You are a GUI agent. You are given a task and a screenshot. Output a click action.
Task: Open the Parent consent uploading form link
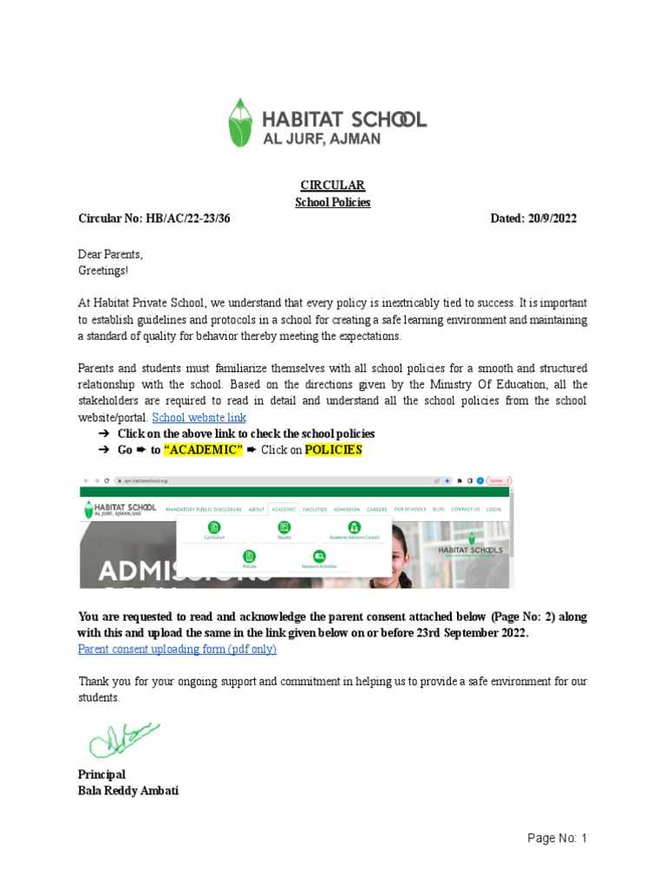click(177, 649)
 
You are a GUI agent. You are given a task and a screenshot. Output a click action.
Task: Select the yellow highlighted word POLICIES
click(333, 450)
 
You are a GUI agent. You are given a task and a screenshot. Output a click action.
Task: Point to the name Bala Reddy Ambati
click(128, 791)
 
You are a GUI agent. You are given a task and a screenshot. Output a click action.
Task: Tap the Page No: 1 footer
click(558, 839)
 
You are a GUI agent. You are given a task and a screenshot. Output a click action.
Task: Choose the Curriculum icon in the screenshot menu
click(214, 527)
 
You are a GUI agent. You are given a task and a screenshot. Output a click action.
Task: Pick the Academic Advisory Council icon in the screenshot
click(354, 527)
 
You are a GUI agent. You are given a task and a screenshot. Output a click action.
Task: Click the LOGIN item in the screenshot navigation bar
click(493, 509)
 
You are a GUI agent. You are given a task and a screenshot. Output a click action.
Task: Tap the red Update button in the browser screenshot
click(498, 480)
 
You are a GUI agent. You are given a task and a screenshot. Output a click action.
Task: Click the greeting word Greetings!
click(102, 271)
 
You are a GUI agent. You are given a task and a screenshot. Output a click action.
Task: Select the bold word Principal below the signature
click(101, 774)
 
